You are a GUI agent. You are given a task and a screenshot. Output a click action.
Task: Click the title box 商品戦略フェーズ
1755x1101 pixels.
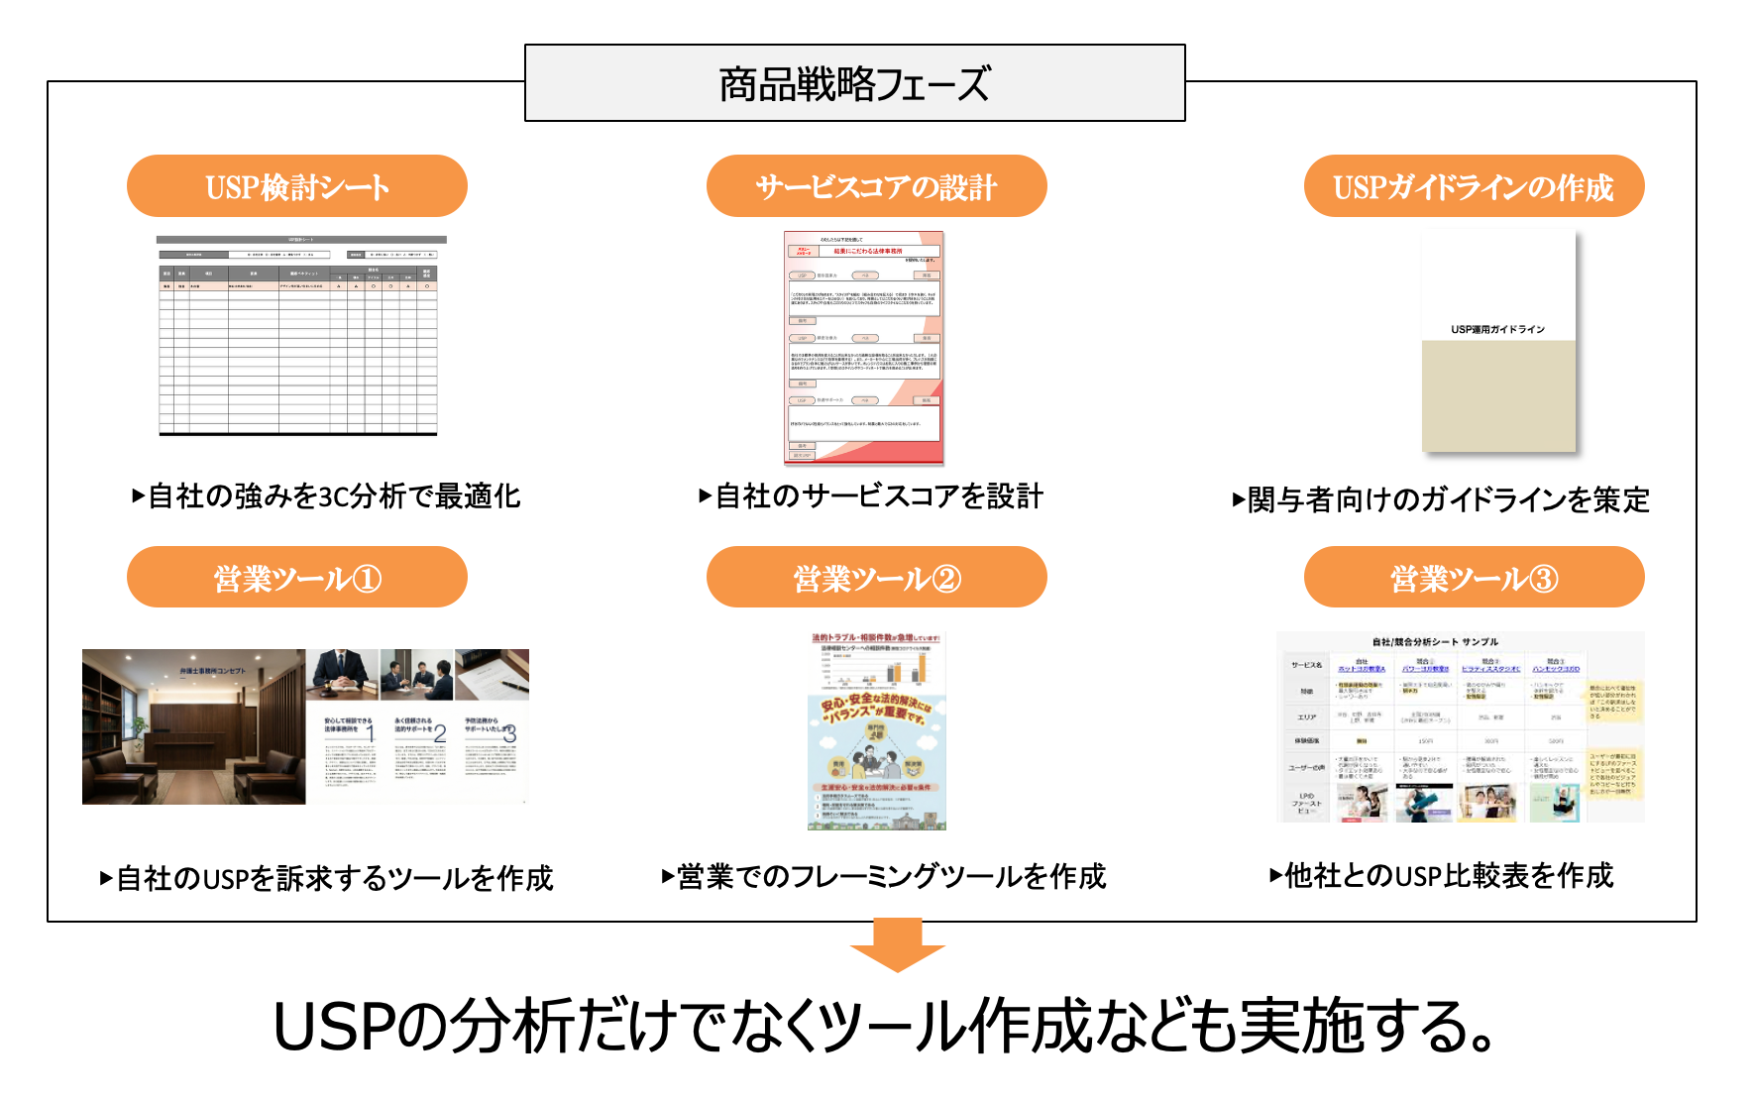(854, 83)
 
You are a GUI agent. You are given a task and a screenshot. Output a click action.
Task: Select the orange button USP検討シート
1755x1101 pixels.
(297, 186)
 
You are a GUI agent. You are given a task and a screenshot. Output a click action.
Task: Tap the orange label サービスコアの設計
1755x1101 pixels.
(876, 186)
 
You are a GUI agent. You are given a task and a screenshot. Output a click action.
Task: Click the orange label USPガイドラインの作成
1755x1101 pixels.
(1474, 186)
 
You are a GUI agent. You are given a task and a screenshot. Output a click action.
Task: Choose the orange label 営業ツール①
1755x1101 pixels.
(297, 578)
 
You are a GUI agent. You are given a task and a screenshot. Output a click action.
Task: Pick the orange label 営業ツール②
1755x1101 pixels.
(876, 578)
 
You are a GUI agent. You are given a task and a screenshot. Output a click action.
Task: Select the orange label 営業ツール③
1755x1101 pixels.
(1474, 578)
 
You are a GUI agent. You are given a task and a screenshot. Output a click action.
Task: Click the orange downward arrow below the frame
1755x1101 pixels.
(898, 945)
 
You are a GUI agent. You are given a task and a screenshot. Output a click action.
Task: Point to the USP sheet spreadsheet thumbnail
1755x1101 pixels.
(298, 336)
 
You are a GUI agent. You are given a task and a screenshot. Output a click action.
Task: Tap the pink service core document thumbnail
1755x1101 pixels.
(863, 348)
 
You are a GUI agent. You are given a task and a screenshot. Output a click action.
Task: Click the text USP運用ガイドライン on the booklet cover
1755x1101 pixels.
(1497, 329)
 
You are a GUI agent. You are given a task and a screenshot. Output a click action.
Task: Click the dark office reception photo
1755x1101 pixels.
(193, 726)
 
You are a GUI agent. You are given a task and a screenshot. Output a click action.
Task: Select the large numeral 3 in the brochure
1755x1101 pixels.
(509, 733)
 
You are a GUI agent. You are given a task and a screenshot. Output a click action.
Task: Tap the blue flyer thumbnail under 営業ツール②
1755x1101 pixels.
(877, 731)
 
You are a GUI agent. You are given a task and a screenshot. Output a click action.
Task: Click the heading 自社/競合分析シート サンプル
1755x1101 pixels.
(1435, 642)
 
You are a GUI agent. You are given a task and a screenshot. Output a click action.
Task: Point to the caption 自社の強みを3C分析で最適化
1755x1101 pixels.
(327, 496)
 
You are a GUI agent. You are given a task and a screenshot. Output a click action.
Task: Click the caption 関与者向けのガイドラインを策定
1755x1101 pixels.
(1442, 499)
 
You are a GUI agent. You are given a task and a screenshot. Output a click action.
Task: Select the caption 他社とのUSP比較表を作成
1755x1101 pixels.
(1442, 876)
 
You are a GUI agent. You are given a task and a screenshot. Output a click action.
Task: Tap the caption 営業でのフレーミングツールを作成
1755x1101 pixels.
(884, 877)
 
